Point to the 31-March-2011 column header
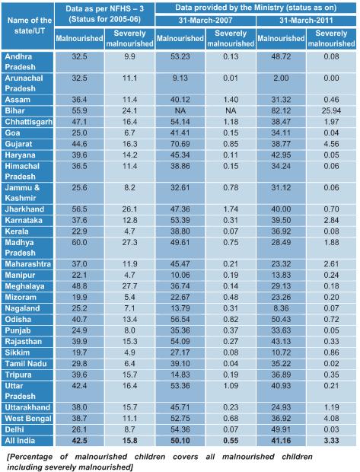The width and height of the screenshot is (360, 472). (306, 20)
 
